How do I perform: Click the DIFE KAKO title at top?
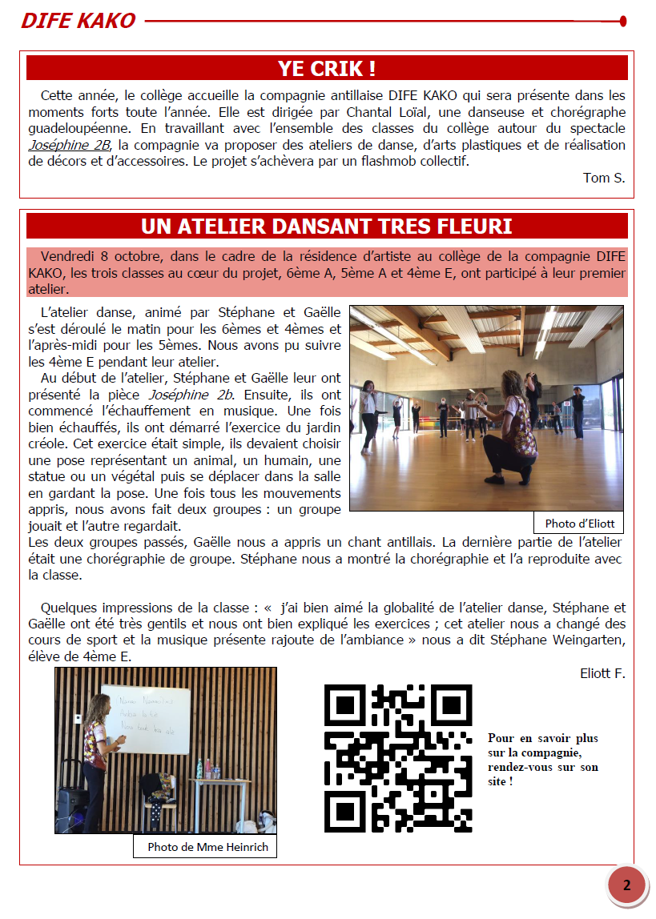point(78,21)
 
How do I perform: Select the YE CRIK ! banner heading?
point(327,68)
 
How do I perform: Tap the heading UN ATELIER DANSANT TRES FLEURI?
point(327,227)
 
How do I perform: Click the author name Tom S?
point(604,178)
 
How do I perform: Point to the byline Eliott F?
point(602,673)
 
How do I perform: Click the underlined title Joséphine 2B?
point(67,145)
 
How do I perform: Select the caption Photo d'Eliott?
point(579,524)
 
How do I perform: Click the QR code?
point(398,758)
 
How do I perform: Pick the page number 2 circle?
point(626,885)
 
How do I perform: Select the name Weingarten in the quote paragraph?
point(582,640)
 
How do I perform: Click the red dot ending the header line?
point(623,21)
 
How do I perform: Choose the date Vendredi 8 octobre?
point(104,257)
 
